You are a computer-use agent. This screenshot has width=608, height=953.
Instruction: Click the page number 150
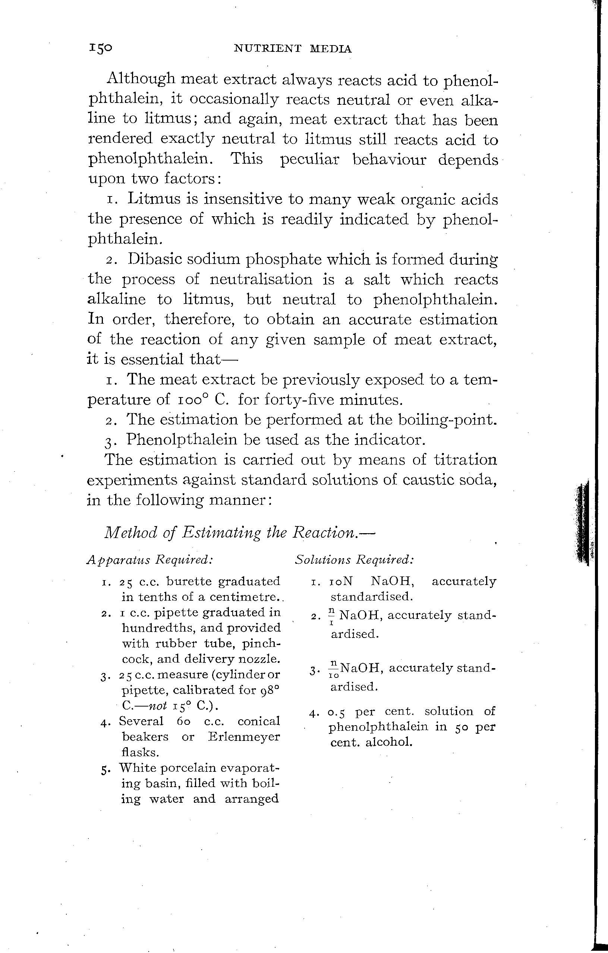[x=101, y=48]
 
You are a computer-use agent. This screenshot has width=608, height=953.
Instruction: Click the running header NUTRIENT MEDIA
[x=293, y=49]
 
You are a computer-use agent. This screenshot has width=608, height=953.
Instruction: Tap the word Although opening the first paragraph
[x=141, y=79]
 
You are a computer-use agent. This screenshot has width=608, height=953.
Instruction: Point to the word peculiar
[x=310, y=160]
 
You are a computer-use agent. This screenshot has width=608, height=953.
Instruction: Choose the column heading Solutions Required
[x=355, y=560]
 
